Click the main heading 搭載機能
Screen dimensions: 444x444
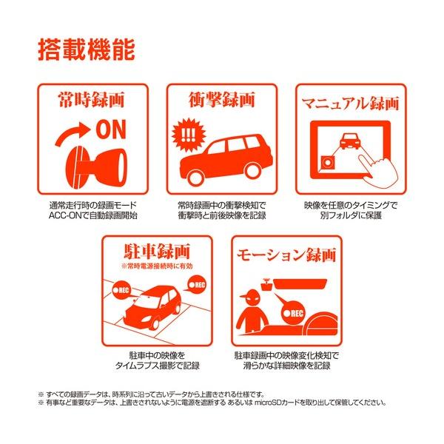tap(87, 50)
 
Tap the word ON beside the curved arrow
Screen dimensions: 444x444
tap(111, 129)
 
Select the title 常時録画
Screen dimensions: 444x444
tap(92, 99)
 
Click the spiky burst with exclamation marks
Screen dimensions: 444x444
tap(189, 135)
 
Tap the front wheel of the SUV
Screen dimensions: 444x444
tap(195, 177)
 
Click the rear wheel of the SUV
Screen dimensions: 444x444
tap(253, 170)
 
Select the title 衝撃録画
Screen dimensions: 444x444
tap(222, 99)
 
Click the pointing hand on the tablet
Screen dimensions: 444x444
tap(377, 172)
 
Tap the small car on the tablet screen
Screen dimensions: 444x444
tap(350, 141)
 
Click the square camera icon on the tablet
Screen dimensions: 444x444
tap(328, 163)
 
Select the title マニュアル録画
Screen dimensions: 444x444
tap(351, 104)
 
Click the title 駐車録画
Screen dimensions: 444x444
tap(157, 251)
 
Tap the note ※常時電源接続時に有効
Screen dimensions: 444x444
tap(157, 266)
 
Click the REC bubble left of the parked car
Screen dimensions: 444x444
tap(122, 290)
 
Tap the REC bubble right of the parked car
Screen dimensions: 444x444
tap(197, 284)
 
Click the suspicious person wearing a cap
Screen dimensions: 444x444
tap(252, 311)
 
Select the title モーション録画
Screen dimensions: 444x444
tap(286, 255)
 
